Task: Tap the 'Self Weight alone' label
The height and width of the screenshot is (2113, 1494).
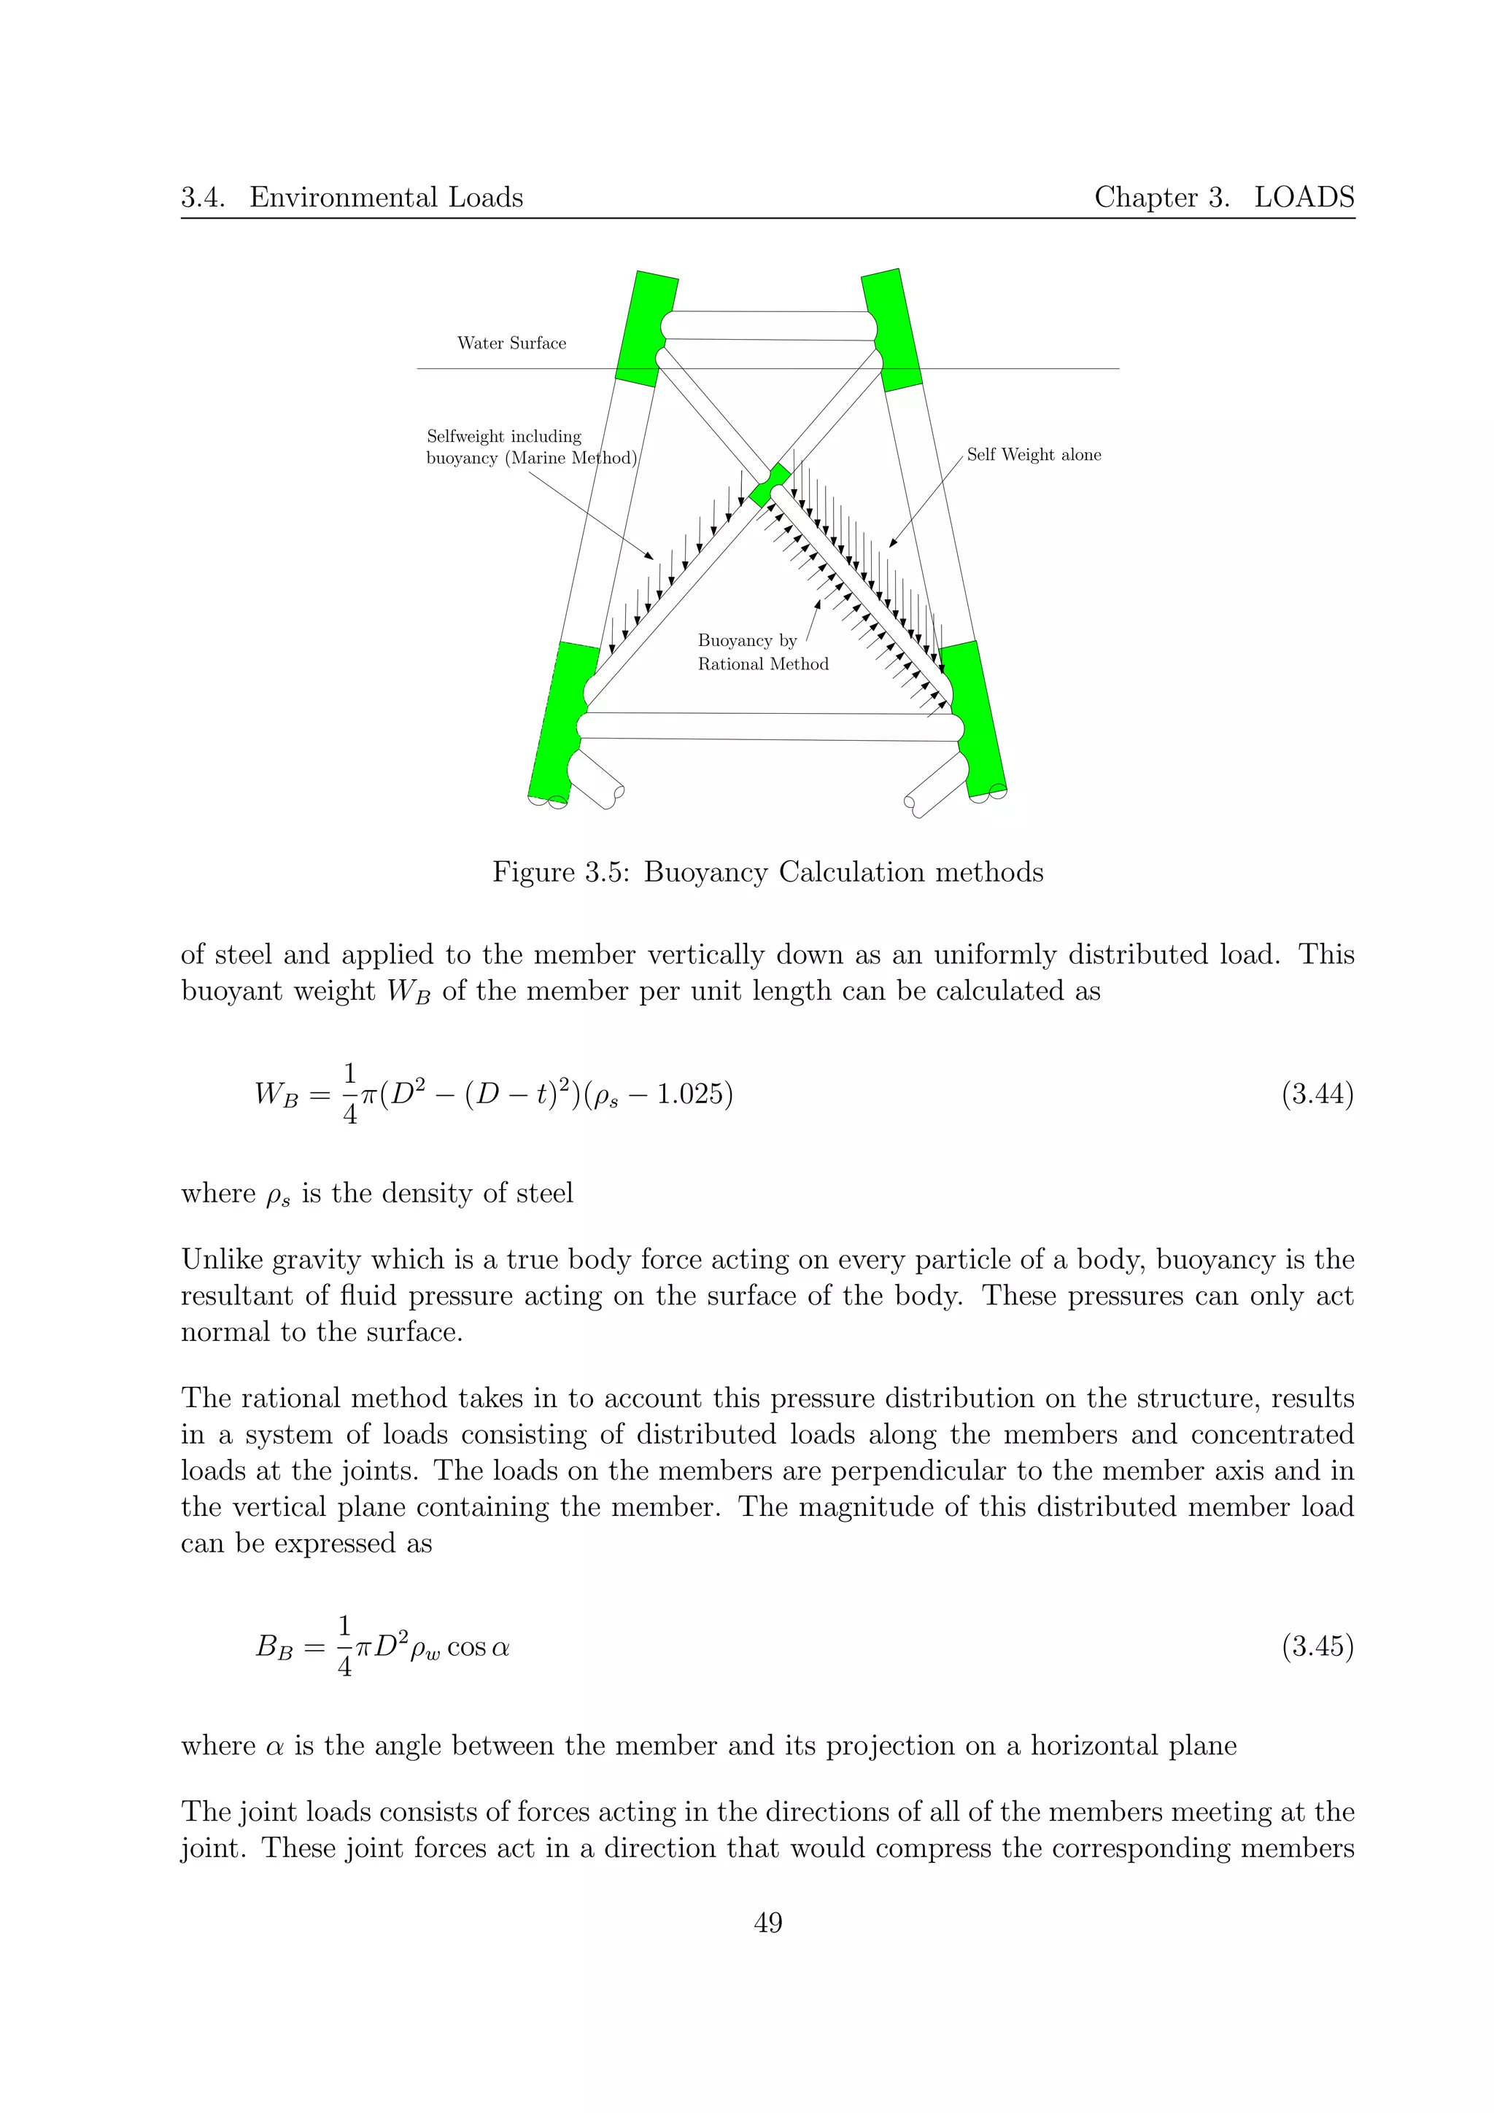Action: pyautogui.click(x=1033, y=455)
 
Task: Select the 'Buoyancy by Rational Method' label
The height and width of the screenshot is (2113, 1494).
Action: pyautogui.click(x=762, y=653)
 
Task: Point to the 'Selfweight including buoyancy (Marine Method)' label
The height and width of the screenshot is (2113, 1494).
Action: pyautogui.click(x=531, y=447)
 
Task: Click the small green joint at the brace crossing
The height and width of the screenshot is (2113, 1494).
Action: pyautogui.click(x=770, y=484)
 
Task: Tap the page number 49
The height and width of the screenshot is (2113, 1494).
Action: pyautogui.click(x=767, y=1923)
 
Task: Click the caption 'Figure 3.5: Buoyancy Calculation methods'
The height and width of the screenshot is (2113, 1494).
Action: pyautogui.click(x=767, y=871)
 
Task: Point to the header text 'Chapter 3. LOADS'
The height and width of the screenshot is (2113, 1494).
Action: pyautogui.click(x=1223, y=197)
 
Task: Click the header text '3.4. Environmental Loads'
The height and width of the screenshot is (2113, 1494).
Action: pyautogui.click(x=352, y=197)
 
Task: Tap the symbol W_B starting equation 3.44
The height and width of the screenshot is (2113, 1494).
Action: pyautogui.click(x=277, y=1095)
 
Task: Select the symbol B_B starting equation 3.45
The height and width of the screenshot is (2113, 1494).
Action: pyautogui.click(x=274, y=1646)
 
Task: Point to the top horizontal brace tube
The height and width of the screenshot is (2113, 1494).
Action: pyautogui.click(x=770, y=326)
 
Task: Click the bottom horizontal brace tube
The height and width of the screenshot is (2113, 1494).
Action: pyautogui.click(x=770, y=726)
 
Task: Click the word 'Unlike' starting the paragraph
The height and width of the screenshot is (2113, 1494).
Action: pyautogui.click(x=217, y=1259)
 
